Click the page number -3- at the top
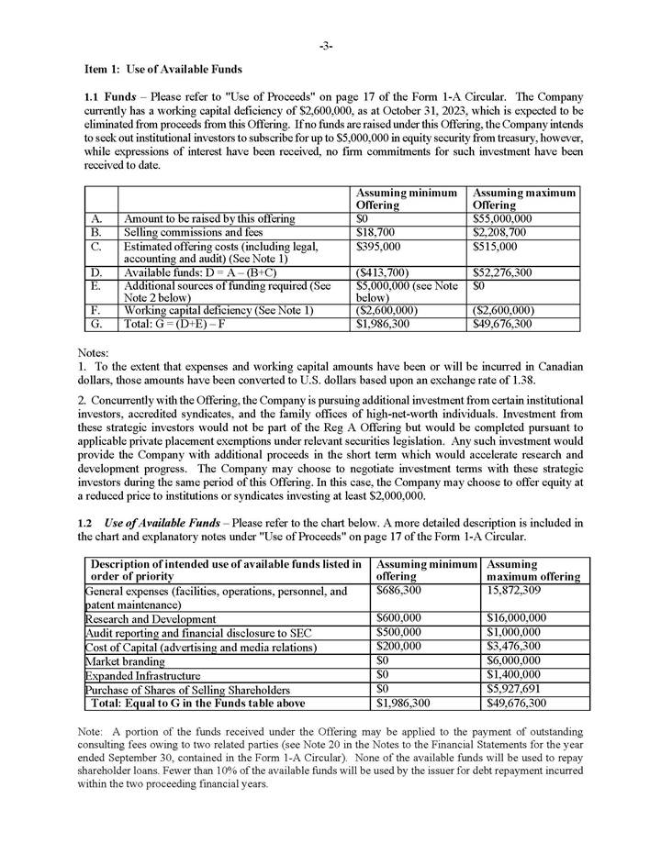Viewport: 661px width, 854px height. [326, 45]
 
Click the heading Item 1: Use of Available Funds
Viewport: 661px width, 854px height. [162, 71]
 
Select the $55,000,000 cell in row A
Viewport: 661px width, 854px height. [502, 219]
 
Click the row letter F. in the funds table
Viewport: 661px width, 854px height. [97, 311]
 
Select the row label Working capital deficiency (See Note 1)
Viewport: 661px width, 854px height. [218, 311]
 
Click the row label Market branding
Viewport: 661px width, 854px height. [128, 660]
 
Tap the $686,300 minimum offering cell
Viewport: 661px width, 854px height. [399, 592]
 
